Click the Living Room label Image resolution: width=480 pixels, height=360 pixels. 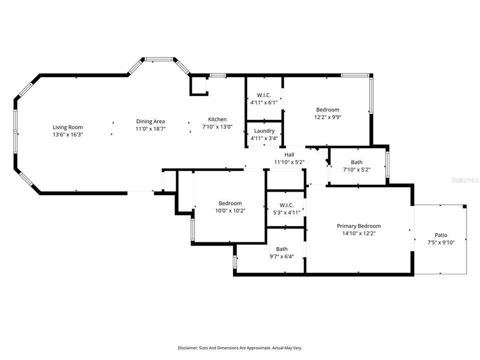(x=68, y=127)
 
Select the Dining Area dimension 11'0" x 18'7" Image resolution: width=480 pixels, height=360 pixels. (x=150, y=128)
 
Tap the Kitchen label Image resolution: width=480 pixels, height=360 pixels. (x=217, y=119)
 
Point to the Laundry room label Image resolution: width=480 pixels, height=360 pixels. (x=264, y=130)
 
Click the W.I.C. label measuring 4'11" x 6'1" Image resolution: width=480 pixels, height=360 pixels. (x=263, y=95)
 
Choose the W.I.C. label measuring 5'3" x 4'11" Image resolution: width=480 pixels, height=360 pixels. (x=286, y=205)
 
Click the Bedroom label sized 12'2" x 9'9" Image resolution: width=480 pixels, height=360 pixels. (x=327, y=109)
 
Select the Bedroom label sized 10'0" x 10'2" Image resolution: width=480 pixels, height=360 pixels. (x=230, y=203)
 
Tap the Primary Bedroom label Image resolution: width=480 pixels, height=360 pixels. (x=358, y=226)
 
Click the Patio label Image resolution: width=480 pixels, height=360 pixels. (x=441, y=235)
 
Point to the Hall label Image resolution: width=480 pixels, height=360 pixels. (x=289, y=154)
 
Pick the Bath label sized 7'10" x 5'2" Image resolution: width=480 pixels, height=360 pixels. (x=356, y=162)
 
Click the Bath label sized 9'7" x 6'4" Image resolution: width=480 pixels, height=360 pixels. (x=281, y=249)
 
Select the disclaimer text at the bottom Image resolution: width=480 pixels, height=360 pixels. (x=240, y=347)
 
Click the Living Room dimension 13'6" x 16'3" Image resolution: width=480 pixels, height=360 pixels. (x=68, y=135)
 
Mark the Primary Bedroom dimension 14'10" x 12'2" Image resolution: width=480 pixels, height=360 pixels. (x=358, y=233)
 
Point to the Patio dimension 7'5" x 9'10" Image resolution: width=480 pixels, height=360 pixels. (x=441, y=242)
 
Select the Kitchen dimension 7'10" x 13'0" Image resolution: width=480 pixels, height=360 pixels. (x=217, y=126)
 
